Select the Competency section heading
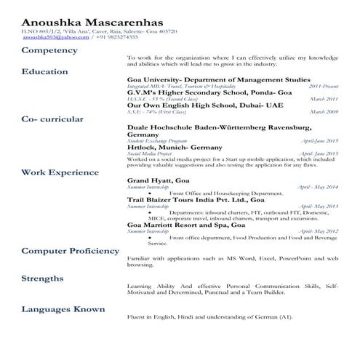[49, 50]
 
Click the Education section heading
[45, 71]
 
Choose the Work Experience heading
[60, 172]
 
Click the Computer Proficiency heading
[70, 250]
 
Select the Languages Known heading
[63, 309]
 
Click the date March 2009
[324, 112]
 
